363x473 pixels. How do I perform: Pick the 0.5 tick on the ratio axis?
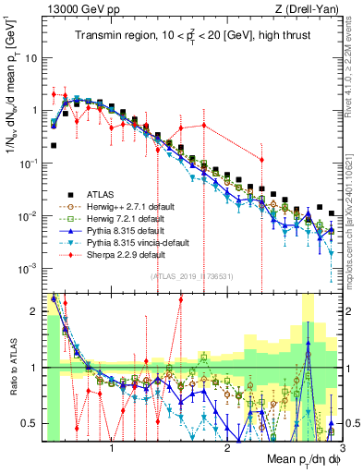click(33, 423)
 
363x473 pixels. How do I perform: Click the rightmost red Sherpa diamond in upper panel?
click(261, 160)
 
